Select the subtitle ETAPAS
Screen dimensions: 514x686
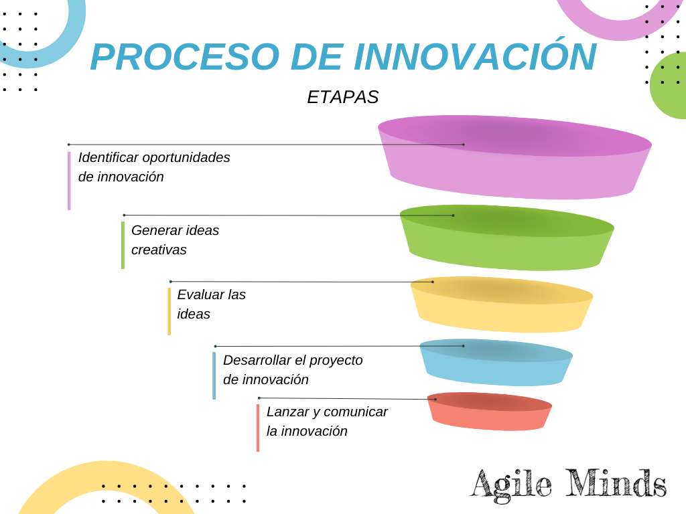pos(342,97)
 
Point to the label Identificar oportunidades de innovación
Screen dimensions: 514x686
pos(154,167)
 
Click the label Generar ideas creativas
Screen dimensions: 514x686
pos(175,240)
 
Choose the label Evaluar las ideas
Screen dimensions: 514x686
pos(211,304)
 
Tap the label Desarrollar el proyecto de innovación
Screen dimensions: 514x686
pos(293,369)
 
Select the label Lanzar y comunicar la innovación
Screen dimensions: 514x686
pos(327,421)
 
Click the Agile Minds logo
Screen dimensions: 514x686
pos(568,483)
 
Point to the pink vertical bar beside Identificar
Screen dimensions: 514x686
pos(69,181)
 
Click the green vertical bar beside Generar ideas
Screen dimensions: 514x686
pos(123,245)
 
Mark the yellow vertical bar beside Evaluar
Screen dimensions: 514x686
pos(169,311)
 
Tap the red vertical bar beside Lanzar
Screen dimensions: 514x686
pos(257,428)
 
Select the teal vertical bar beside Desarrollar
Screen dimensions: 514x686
pos(214,375)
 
